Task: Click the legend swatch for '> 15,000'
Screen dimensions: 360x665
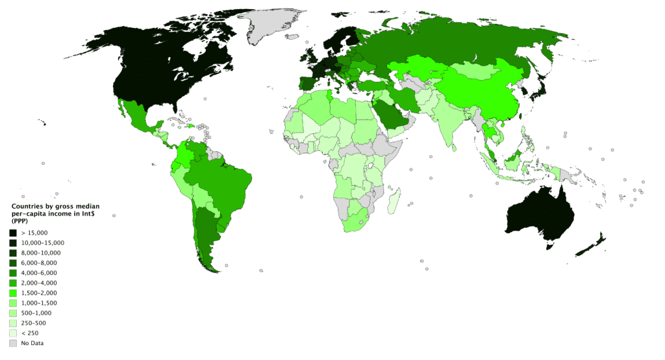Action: tap(12, 233)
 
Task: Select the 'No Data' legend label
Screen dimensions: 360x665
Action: tap(32, 343)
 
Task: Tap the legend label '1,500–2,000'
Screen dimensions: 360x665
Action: tap(39, 293)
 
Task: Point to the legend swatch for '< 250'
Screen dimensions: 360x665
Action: tap(12, 333)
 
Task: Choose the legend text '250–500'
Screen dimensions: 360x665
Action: tap(33, 323)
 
